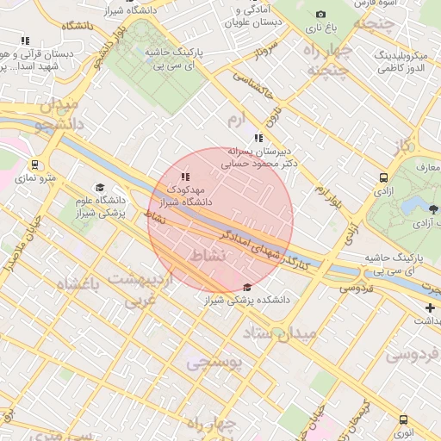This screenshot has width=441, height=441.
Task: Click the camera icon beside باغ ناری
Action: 321,14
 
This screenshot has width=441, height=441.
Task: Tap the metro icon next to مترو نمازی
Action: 34,165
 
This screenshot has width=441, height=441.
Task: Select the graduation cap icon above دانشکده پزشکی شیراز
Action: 248,288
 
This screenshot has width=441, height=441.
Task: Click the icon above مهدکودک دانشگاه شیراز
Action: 185,176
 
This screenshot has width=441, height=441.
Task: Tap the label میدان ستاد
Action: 276,332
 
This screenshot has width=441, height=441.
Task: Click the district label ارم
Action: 237,117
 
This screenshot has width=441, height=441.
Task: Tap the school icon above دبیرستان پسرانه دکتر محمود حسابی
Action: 258,138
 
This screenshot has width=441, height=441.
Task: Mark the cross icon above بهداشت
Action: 430,307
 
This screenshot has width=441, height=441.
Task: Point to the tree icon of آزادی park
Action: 432,209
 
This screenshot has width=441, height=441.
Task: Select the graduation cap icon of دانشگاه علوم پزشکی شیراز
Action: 99,187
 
